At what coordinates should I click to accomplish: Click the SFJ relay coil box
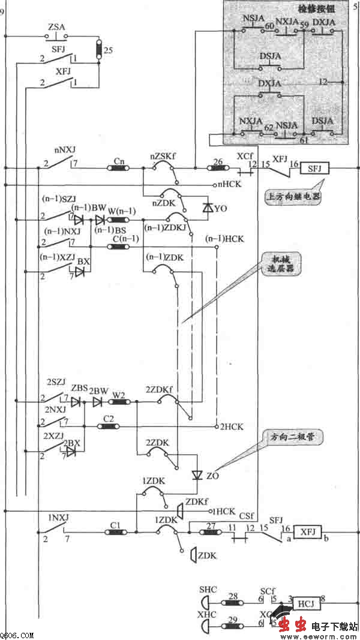pyautogui.click(x=315, y=168)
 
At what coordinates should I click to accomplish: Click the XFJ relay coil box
pyautogui.click(x=307, y=531)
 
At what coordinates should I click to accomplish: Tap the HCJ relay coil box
pyautogui.click(x=305, y=603)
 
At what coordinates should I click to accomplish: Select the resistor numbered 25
pyautogui.click(x=100, y=50)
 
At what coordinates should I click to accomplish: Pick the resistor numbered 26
pyautogui.click(x=217, y=168)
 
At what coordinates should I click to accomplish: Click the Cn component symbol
pyautogui.click(x=118, y=168)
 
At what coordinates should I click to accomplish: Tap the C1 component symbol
pyautogui.click(x=116, y=531)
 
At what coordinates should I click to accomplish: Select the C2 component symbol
pyautogui.click(x=109, y=426)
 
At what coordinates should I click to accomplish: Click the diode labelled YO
pyautogui.click(x=208, y=208)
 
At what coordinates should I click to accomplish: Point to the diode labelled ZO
pyautogui.click(x=196, y=475)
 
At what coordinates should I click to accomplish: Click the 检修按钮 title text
pyautogui.click(x=315, y=10)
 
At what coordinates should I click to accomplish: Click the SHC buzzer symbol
pyautogui.click(x=205, y=603)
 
